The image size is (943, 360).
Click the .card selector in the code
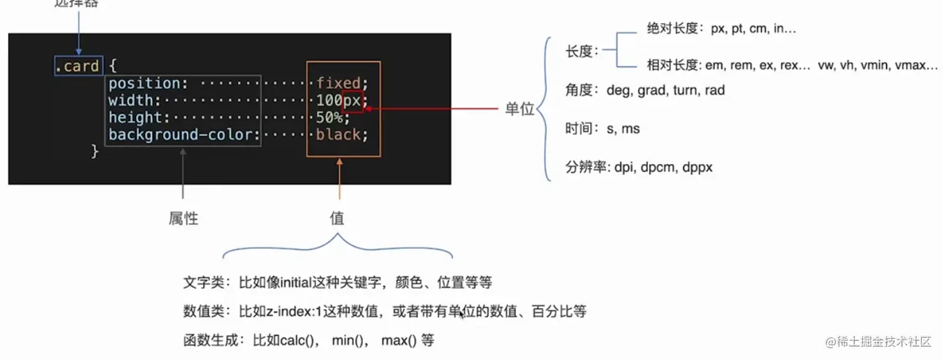pyautogui.click(x=78, y=66)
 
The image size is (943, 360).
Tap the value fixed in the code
pyautogui.click(x=337, y=83)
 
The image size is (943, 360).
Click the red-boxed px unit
pyautogui.click(x=352, y=101)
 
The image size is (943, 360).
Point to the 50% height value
pyautogui.click(x=329, y=118)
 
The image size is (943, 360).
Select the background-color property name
pyautogui.click(x=180, y=135)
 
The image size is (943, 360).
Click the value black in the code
pyautogui.click(x=337, y=135)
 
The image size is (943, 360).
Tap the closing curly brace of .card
pyautogui.click(x=95, y=152)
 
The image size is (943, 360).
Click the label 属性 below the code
pyautogui.click(x=183, y=218)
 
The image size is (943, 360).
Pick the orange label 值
pyautogui.click(x=337, y=218)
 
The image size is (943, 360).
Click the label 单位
pyautogui.click(x=519, y=109)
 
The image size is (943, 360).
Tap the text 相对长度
pyautogui.click(x=672, y=65)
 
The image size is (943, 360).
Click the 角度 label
pyautogui.click(x=580, y=90)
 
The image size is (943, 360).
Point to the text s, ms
pyautogui.click(x=623, y=128)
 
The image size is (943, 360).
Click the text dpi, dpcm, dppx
pyautogui.click(x=663, y=167)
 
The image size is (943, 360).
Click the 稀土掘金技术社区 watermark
pyautogui.click(x=883, y=341)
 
